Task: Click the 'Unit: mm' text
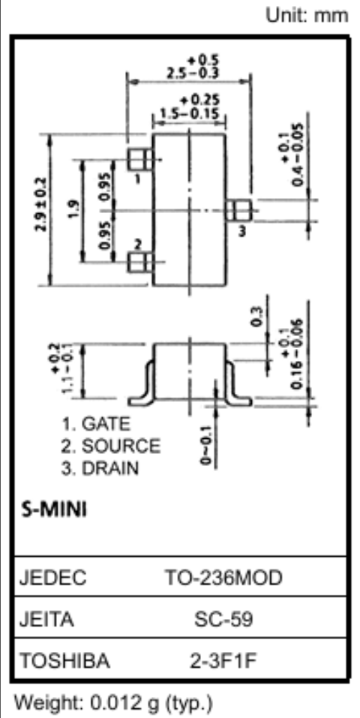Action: pyautogui.click(x=307, y=16)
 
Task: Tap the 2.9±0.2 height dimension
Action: pyautogui.click(x=41, y=204)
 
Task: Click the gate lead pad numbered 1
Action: pyautogui.click(x=139, y=160)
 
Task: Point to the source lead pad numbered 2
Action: pyautogui.click(x=139, y=263)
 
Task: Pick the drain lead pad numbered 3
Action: pyautogui.click(x=238, y=211)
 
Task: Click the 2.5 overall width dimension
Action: pyautogui.click(x=193, y=68)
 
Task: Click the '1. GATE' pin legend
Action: pyautogui.click(x=96, y=425)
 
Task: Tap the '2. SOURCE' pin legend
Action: pyautogui.click(x=111, y=446)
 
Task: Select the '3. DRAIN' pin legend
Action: pyautogui.click(x=100, y=468)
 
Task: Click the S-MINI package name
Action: pyautogui.click(x=54, y=509)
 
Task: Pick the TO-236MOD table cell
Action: pyautogui.click(x=223, y=578)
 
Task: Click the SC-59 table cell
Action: pyautogui.click(x=223, y=620)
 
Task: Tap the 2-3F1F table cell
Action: pyautogui.click(x=223, y=661)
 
